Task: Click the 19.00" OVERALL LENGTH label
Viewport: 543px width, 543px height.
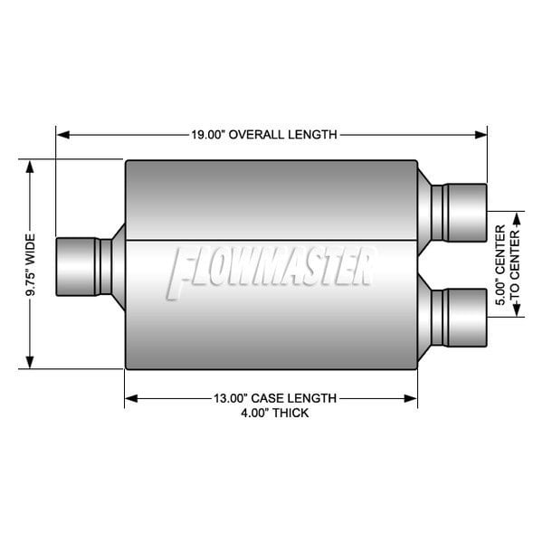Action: [263, 135]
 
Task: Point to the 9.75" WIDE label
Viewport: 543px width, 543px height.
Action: [30, 265]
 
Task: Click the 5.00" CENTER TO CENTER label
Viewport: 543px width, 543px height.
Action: [506, 264]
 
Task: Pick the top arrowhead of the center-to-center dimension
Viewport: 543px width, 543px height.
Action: [518, 217]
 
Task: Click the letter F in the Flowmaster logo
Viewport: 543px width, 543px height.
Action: [182, 271]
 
